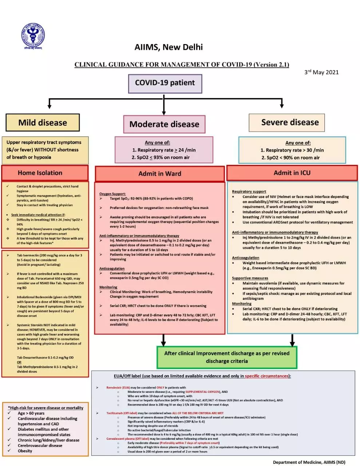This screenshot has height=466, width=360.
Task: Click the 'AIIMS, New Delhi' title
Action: point(169,47)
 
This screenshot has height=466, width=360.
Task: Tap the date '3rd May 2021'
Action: point(321,72)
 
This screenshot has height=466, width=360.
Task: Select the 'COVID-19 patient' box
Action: point(165,83)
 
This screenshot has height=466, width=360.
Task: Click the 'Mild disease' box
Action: point(43,123)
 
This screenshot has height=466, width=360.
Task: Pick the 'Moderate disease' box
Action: point(164,124)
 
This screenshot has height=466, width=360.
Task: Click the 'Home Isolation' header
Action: point(40,173)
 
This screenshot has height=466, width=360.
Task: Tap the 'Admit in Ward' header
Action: point(159,174)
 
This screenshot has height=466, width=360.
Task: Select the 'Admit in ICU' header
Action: point(292,173)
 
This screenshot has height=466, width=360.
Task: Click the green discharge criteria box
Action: point(227,357)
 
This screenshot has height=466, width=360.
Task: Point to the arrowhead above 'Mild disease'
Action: point(50,106)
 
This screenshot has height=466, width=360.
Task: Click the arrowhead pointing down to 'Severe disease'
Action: point(281,105)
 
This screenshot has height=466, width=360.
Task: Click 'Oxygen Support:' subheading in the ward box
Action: point(112,194)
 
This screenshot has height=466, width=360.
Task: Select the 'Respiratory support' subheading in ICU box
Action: point(249,191)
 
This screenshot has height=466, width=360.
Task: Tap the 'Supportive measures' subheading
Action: point(250,278)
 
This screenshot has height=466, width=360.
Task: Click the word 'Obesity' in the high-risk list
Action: point(25,451)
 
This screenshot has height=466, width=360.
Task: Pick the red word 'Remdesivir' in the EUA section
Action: point(114,387)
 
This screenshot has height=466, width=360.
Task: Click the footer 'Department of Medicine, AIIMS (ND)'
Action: point(309,462)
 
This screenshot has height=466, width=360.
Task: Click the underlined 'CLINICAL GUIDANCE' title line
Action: point(182,65)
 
